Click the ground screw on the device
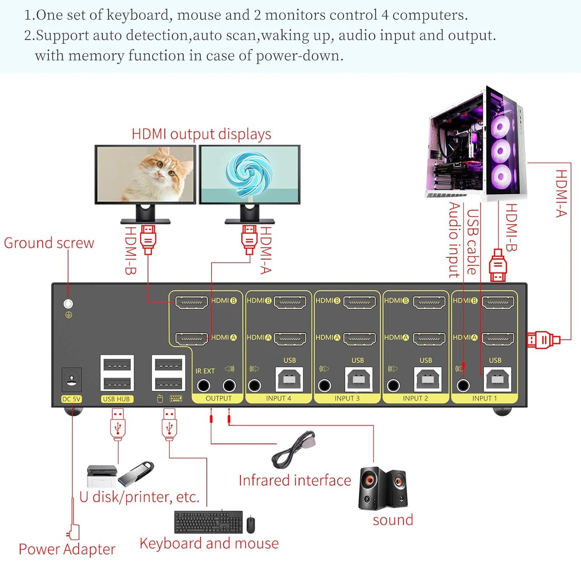tap(68, 304)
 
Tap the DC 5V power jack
tap(72, 380)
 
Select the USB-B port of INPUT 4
tap(289, 379)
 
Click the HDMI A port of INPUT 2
tap(429, 339)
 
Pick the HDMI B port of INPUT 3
tap(359, 302)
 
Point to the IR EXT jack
tap(203, 386)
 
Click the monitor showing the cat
tap(145, 175)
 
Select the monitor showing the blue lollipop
tap(250, 175)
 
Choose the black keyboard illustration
tap(208, 522)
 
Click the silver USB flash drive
tap(136, 473)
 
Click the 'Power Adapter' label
tap(67, 549)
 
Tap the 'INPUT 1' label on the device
tap(484, 398)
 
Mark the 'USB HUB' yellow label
tap(116, 399)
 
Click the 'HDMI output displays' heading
tap(201, 134)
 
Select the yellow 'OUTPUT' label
tap(218, 398)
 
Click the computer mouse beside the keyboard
tap(250, 524)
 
